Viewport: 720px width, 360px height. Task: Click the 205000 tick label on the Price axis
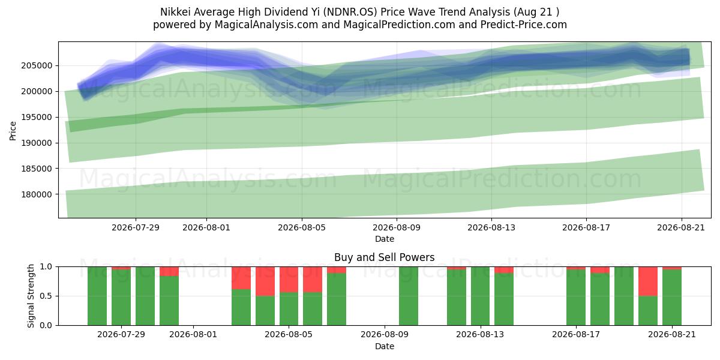click(37, 66)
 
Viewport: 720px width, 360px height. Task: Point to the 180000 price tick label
click(37, 194)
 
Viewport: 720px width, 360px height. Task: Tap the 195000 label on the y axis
click(37, 118)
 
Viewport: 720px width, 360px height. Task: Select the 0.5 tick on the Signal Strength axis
click(46, 296)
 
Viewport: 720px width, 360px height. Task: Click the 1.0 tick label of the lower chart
click(46, 267)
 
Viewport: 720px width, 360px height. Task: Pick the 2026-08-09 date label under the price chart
click(397, 228)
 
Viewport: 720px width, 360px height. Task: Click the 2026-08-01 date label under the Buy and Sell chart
click(193, 335)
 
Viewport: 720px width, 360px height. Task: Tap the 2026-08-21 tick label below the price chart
click(681, 228)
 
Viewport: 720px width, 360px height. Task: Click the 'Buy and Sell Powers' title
click(385, 257)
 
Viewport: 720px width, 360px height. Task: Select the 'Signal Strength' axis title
click(31, 296)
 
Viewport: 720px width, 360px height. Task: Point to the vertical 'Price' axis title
click(13, 131)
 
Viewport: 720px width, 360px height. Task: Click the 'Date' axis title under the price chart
click(385, 239)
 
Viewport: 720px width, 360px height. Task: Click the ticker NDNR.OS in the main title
click(350, 12)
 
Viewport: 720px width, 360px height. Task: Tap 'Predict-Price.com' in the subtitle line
click(524, 25)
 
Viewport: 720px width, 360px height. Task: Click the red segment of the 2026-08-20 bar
click(648, 281)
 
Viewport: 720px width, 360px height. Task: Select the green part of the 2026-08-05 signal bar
click(289, 309)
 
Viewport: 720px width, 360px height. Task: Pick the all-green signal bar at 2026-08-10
click(409, 296)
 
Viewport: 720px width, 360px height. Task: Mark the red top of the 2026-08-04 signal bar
click(265, 281)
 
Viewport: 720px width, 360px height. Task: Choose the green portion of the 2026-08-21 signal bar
click(672, 298)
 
